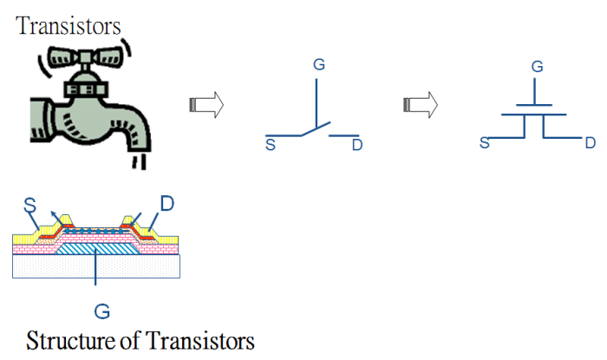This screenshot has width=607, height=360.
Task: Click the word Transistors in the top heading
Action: coord(69,26)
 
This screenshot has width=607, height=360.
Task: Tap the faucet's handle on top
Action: coord(86,57)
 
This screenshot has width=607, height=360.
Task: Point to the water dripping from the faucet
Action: coord(139,161)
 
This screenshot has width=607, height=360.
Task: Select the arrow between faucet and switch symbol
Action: coord(206,105)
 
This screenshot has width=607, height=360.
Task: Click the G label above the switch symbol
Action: coord(319,64)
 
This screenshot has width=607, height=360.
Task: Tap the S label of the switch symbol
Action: coord(271,145)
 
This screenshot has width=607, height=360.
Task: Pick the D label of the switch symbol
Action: coord(357,145)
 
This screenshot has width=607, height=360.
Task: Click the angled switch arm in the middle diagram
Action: coord(316,129)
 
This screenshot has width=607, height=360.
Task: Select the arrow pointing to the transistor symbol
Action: coord(421,105)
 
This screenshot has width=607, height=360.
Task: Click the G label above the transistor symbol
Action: coord(538,67)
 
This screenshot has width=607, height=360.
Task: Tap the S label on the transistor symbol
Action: coord(484,143)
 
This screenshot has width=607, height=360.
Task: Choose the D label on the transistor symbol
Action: coord(590,143)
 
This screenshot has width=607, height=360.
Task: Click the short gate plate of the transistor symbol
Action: coord(534,105)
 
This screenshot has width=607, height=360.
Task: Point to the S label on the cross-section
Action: coord(29,206)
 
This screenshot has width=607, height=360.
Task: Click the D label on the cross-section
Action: coord(166,204)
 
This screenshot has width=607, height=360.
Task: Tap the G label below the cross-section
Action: coord(102,311)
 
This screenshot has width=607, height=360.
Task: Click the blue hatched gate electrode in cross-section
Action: coord(97,249)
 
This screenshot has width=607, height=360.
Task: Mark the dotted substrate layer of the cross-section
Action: coord(96,266)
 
